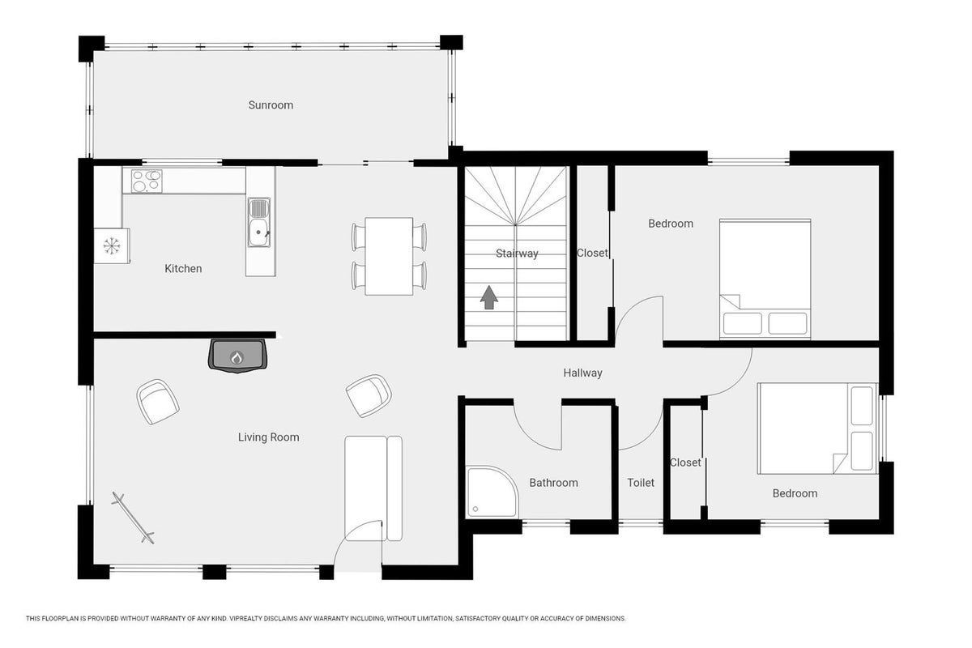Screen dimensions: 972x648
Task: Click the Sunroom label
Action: pyautogui.click(x=271, y=105)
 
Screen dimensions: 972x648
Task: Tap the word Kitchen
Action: pyautogui.click(x=183, y=269)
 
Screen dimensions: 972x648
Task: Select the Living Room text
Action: pyautogui.click(x=269, y=437)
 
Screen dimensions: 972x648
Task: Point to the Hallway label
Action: pyautogui.click(x=582, y=373)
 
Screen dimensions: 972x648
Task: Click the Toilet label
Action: pyautogui.click(x=641, y=483)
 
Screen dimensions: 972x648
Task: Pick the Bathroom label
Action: pyautogui.click(x=554, y=483)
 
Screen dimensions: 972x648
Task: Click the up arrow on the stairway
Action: pyautogui.click(x=489, y=297)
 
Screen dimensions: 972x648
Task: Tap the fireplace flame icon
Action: pyautogui.click(x=237, y=358)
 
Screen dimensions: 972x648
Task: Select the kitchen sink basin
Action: pyautogui.click(x=259, y=232)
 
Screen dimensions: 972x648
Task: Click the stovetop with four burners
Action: pyautogui.click(x=147, y=181)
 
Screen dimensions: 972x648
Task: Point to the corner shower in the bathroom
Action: pyautogui.click(x=492, y=492)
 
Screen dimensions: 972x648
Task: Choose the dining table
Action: pyautogui.click(x=389, y=256)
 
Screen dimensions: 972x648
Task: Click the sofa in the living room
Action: pyautogui.click(x=373, y=488)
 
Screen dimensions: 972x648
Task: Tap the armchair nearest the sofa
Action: pyautogui.click(x=369, y=396)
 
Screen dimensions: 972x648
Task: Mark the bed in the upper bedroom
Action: pyautogui.click(x=765, y=279)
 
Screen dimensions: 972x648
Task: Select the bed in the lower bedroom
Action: pyautogui.click(x=817, y=428)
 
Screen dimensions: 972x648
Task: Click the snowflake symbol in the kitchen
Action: pyautogui.click(x=112, y=246)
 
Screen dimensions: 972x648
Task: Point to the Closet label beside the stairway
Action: pyautogui.click(x=592, y=253)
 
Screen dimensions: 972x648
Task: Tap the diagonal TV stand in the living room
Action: pyautogui.click(x=133, y=518)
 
